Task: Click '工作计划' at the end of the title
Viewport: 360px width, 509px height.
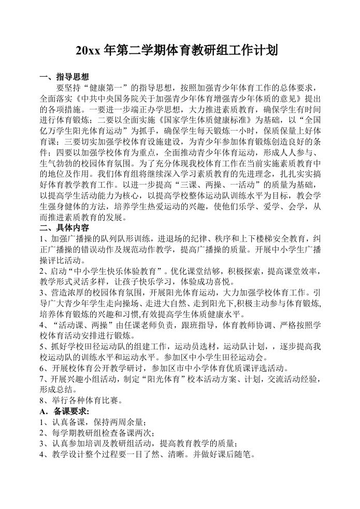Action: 255,51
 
